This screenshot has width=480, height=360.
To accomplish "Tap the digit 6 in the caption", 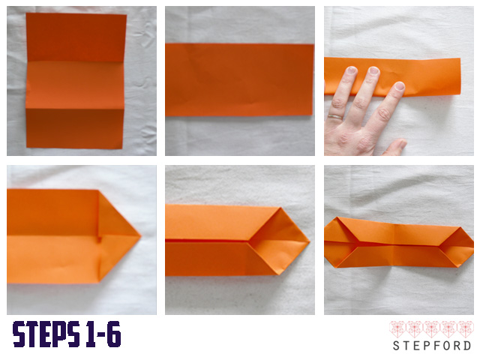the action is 114,334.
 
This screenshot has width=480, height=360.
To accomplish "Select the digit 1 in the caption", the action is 89,334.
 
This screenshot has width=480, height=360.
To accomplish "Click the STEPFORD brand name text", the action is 432,346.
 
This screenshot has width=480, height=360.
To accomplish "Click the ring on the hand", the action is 335,117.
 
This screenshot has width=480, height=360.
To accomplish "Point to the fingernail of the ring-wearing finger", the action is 351,70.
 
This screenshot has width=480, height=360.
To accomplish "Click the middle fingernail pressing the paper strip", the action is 373,70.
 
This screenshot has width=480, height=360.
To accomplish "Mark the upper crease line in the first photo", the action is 76,61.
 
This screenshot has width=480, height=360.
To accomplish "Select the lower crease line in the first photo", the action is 75,108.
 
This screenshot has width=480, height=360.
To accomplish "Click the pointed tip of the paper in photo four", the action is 140,235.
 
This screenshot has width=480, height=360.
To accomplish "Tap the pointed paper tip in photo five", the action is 309,241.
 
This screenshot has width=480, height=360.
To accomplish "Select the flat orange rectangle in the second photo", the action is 239,80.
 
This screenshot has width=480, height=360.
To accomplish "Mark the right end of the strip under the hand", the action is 460,76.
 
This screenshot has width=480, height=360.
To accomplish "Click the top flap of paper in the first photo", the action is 76,37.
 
